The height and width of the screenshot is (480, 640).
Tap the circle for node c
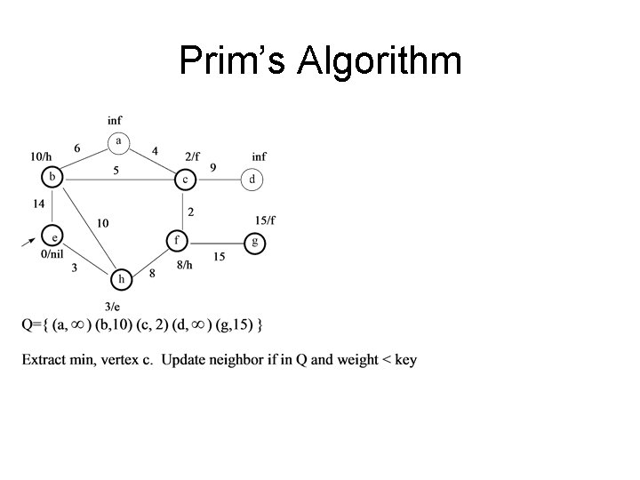pyautogui.click(x=184, y=179)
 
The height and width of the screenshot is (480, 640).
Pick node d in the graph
pyautogui.click(x=252, y=180)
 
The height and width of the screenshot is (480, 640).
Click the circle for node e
pyautogui.click(x=53, y=237)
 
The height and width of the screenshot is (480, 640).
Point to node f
pyautogui.click(x=178, y=240)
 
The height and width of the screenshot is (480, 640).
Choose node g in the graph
pyautogui.click(x=255, y=242)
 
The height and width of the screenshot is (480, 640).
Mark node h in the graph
pyautogui.click(x=121, y=279)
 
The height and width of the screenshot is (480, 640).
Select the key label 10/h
pyautogui.click(x=41, y=157)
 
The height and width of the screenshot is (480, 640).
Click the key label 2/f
pyautogui.click(x=194, y=157)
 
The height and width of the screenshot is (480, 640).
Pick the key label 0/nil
pyautogui.click(x=53, y=255)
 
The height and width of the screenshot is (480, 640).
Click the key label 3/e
pyautogui.click(x=113, y=305)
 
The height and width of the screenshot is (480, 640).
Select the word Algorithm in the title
pyautogui.click(x=380, y=61)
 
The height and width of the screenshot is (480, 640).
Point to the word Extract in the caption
pyautogui.click(x=46, y=360)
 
